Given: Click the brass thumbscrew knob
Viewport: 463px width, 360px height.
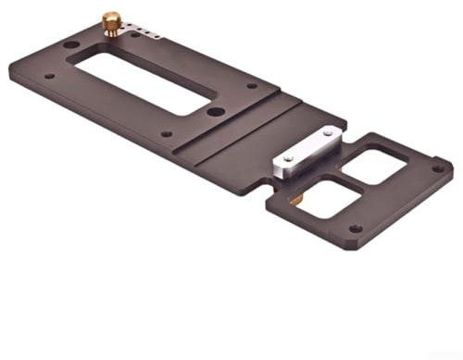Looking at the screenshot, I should (x=111, y=21).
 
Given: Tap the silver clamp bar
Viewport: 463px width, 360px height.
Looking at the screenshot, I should (x=305, y=154).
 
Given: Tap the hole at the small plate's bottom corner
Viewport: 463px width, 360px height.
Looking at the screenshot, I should (x=355, y=229).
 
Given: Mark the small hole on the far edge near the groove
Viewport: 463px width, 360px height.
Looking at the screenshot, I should (x=252, y=86).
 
